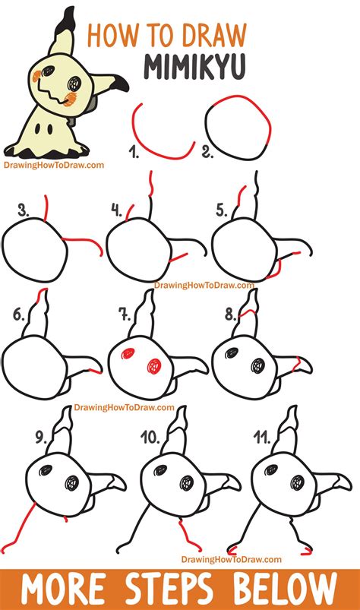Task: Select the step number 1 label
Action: point(134,155)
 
